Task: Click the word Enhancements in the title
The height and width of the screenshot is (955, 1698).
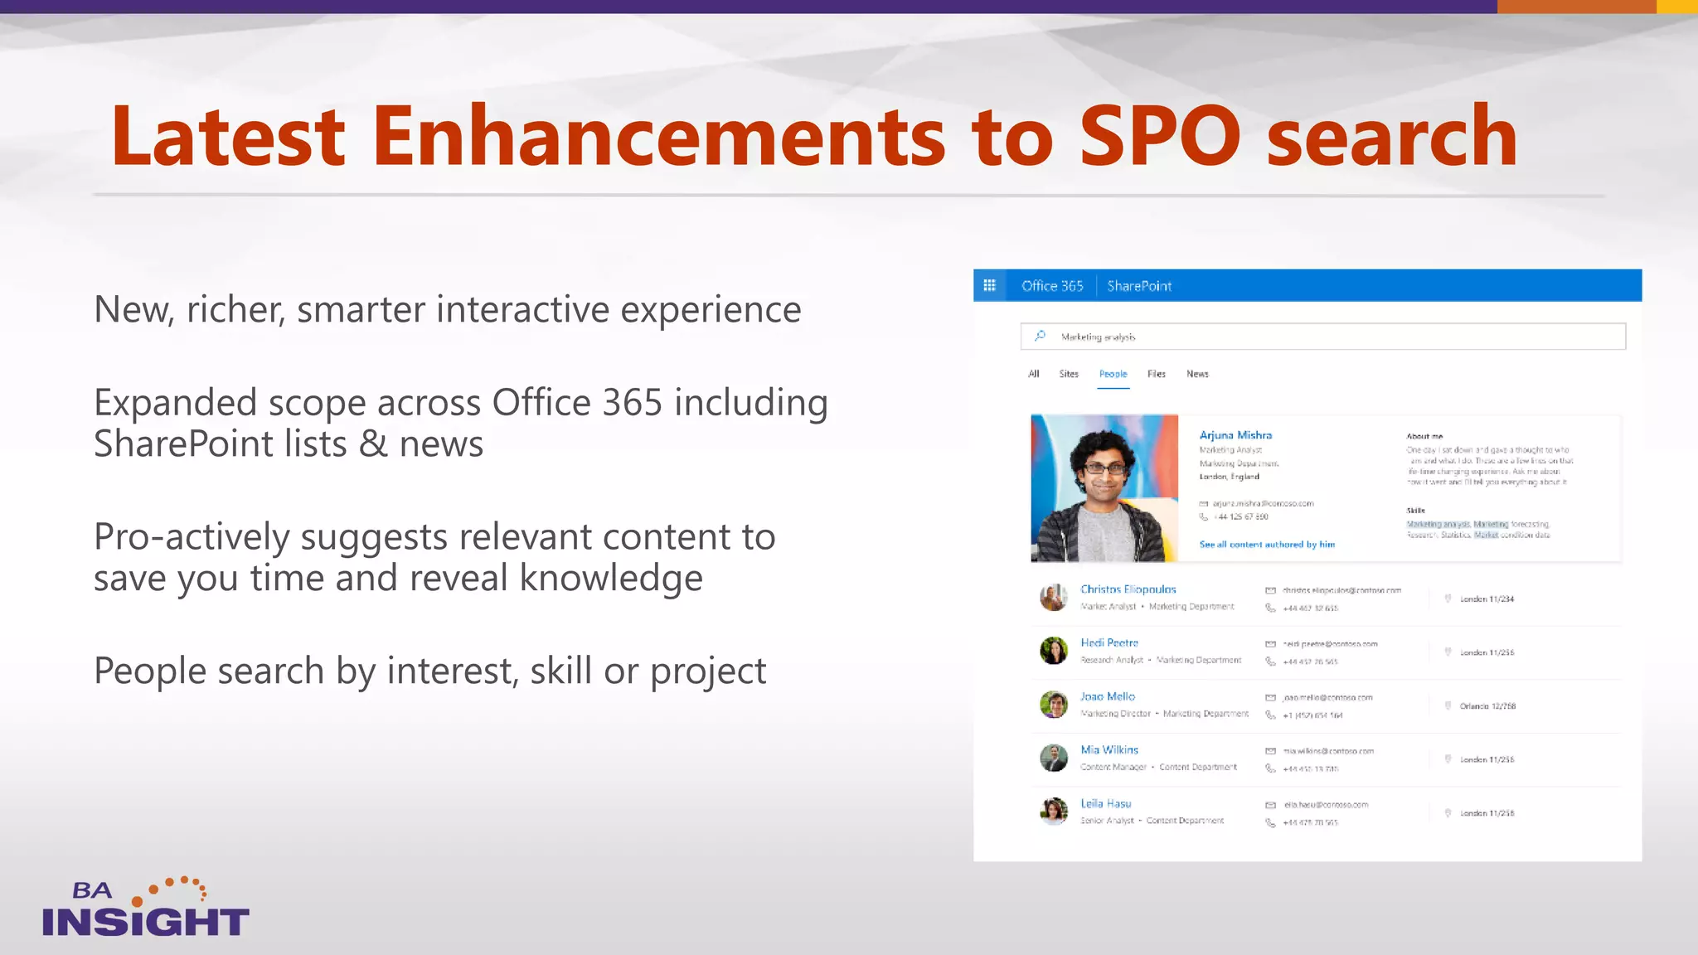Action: [x=658, y=137]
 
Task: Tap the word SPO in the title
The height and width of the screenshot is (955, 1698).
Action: [x=1159, y=137]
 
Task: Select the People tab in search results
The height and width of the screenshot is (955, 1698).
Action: [x=1113, y=374]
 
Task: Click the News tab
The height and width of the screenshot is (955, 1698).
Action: [x=1197, y=374]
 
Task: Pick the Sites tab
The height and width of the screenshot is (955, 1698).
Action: [x=1069, y=374]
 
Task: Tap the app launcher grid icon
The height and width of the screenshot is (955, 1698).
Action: [x=989, y=285]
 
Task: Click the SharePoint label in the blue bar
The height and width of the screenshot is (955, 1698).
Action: [x=1139, y=286]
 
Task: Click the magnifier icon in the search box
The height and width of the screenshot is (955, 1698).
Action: [x=1040, y=336]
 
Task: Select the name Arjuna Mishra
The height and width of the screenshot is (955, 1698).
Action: [x=1235, y=435]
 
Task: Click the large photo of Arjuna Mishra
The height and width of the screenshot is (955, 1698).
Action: [x=1104, y=488]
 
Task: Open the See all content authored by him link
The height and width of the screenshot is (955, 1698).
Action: [x=1267, y=545]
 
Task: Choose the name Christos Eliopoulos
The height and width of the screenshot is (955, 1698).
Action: [x=1128, y=589]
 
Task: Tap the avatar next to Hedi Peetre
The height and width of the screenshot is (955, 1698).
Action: [x=1054, y=651]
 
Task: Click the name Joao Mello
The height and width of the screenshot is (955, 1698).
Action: [x=1108, y=696]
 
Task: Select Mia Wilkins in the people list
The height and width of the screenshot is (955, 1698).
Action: [x=1109, y=750]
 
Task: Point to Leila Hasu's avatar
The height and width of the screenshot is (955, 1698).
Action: [x=1054, y=811]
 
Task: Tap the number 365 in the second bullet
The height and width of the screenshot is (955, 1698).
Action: [x=632, y=403]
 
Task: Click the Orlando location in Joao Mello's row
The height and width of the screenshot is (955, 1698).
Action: [x=1487, y=706]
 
